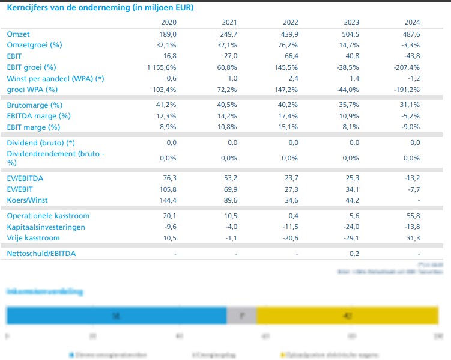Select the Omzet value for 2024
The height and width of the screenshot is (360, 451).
[411, 34]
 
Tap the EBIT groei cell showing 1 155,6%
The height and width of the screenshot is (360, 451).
[160, 67]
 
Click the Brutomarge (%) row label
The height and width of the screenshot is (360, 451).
[35, 105]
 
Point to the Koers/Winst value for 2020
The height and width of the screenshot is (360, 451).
[168, 200]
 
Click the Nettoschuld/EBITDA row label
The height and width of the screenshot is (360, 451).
[41, 254]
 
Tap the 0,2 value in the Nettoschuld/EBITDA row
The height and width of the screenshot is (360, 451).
[354, 254]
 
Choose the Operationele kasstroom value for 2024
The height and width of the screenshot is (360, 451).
[411, 216]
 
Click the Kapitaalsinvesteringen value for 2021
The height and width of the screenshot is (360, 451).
[229, 227]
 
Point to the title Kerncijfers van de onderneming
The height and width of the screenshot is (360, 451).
[100, 8]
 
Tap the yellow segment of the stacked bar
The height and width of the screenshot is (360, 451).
[348, 316]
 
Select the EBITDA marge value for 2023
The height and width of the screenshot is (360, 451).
[350, 116]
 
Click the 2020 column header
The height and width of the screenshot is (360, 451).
[168, 22]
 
